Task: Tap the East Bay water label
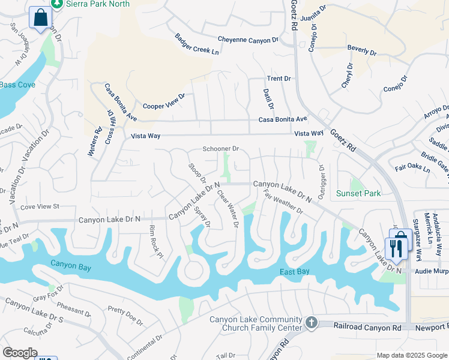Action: [x=294, y=272]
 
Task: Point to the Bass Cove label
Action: [x=17, y=85]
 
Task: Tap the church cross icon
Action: [x=311, y=323]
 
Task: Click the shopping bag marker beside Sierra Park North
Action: [x=40, y=18]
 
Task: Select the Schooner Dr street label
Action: [x=221, y=149]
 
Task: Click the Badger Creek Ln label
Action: [x=196, y=44]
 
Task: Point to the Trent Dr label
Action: [x=279, y=79]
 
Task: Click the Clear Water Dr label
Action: [x=228, y=208]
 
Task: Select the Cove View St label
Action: [x=40, y=206]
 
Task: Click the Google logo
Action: [x=20, y=353]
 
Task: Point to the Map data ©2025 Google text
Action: [x=411, y=355]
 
